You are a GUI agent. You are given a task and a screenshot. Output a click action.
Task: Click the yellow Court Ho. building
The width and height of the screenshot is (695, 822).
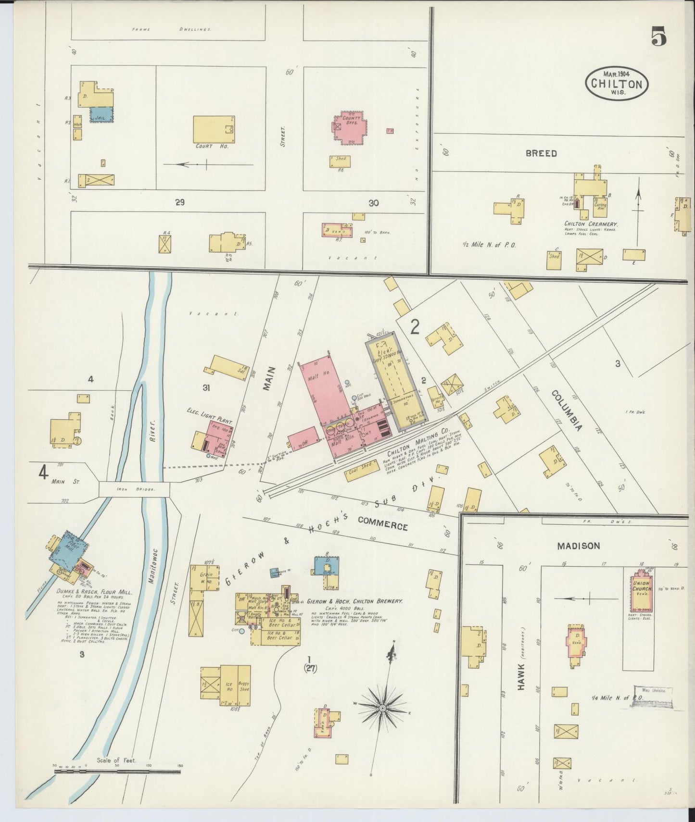tap(214, 128)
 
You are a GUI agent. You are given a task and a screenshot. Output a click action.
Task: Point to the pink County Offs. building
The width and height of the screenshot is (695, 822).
tap(349, 128)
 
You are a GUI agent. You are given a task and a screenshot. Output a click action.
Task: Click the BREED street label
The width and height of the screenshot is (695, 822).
tap(541, 153)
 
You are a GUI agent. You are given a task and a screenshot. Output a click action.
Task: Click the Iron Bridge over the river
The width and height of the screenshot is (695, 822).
tap(134, 489)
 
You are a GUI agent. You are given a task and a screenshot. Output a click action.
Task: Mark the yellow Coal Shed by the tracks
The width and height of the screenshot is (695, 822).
tap(361, 473)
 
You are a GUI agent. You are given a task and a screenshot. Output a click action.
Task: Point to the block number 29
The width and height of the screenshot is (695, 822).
tap(179, 203)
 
